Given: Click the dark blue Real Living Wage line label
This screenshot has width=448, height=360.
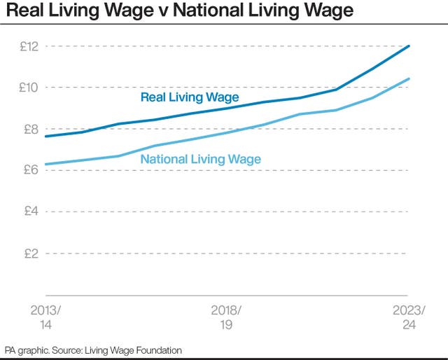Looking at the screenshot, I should coord(189,97).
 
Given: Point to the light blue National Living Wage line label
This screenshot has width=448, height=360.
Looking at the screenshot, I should coord(200,159).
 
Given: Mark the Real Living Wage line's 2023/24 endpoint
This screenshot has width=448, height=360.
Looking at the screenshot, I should coord(409,46).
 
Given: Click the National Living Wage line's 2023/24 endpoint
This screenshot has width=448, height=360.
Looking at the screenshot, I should coord(409,79).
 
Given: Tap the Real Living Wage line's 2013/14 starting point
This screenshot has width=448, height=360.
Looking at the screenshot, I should coord(45,136).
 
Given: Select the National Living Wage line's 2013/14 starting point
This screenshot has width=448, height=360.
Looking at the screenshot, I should coord(45,165).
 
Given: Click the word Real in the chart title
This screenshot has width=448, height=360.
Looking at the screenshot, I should coord(27,12).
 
